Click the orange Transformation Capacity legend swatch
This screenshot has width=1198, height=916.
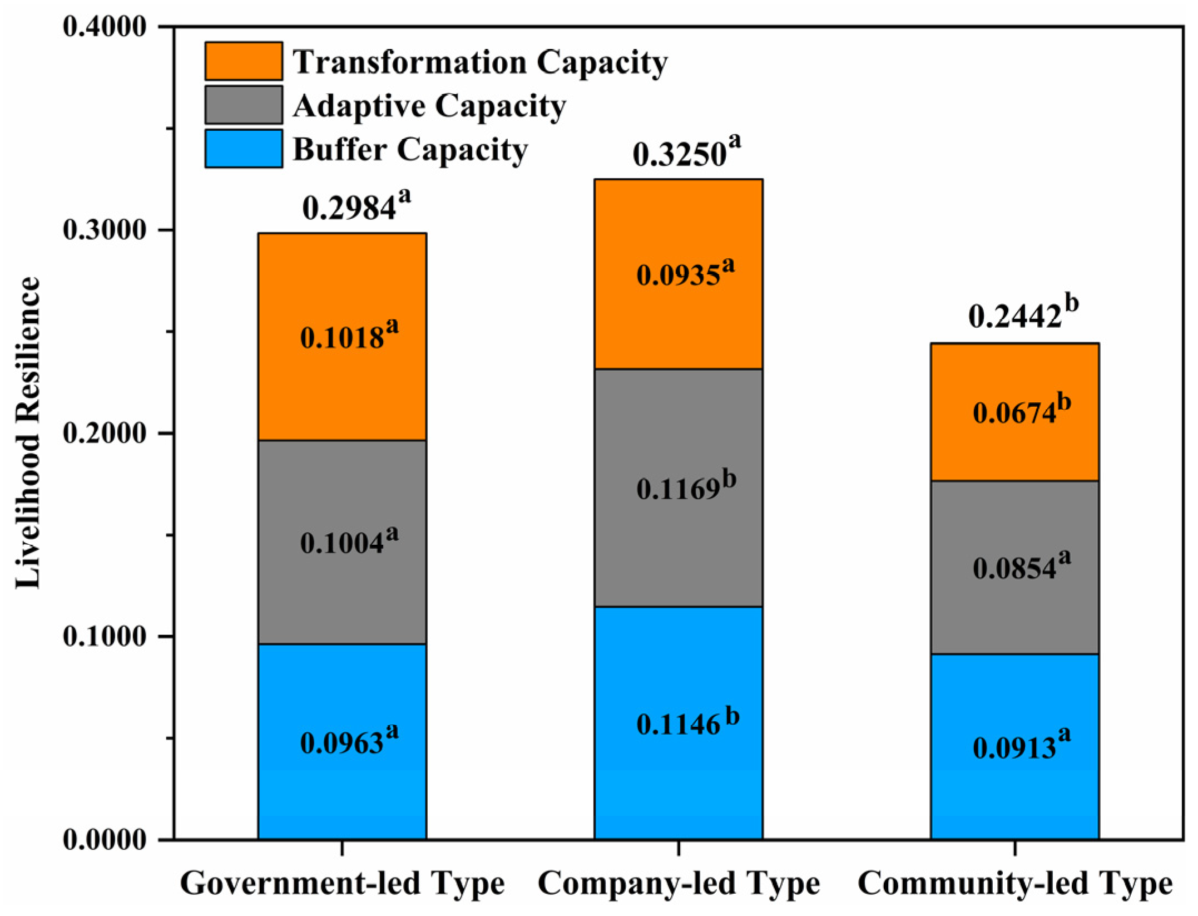pos(244,61)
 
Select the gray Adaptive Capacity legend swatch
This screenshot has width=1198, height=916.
pos(244,105)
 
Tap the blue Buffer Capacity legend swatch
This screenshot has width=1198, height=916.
pos(244,149)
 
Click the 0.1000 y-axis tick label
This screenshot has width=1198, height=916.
pos(105,636)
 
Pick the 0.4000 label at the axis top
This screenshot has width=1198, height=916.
pos(105,27)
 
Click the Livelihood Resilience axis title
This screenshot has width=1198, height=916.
pos(28,432)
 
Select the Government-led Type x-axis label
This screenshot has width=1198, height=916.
pos(342,884)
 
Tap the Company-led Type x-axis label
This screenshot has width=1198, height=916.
pos(679,884)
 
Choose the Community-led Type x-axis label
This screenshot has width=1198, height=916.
pos(1015,884)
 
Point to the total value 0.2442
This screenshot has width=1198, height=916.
pos(1022,314)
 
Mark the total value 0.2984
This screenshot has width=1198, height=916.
pos(356,206)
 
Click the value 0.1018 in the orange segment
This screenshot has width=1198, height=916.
pos(349,336)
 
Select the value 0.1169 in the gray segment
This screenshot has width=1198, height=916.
pos(686,487)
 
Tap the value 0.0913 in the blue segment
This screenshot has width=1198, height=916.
pos(1021,745)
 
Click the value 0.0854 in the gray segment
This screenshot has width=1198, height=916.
pos(1021,567)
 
